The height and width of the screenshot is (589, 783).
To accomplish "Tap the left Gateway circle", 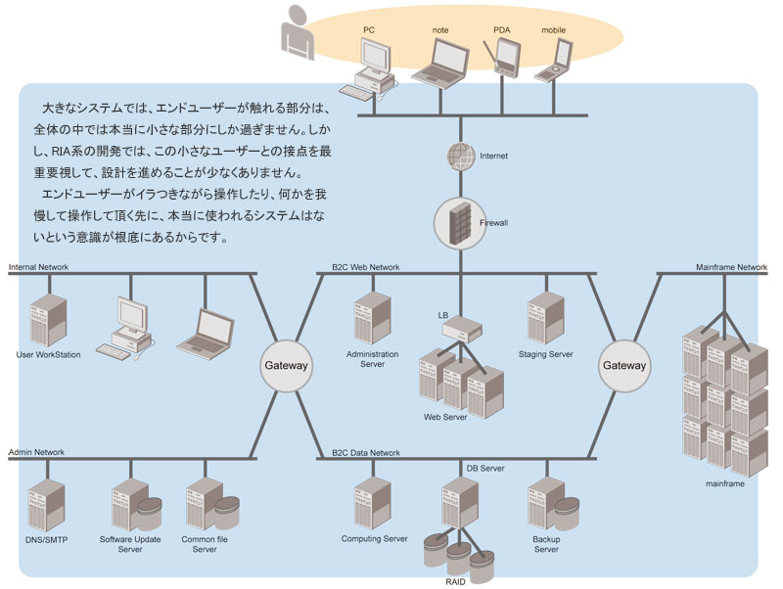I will [286, 365].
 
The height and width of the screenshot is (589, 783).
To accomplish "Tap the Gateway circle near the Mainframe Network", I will [623, 365].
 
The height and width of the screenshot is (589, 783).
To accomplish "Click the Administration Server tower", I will [373, 318].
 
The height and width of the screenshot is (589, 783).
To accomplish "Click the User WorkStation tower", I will [48, 319].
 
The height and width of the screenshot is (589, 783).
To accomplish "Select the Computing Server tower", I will [373, 503].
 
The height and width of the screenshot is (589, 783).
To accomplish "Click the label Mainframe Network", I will [731, 267].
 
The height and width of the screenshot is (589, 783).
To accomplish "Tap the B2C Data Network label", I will [366, 453].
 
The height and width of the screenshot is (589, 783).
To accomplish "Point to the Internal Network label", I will [38, 267].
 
